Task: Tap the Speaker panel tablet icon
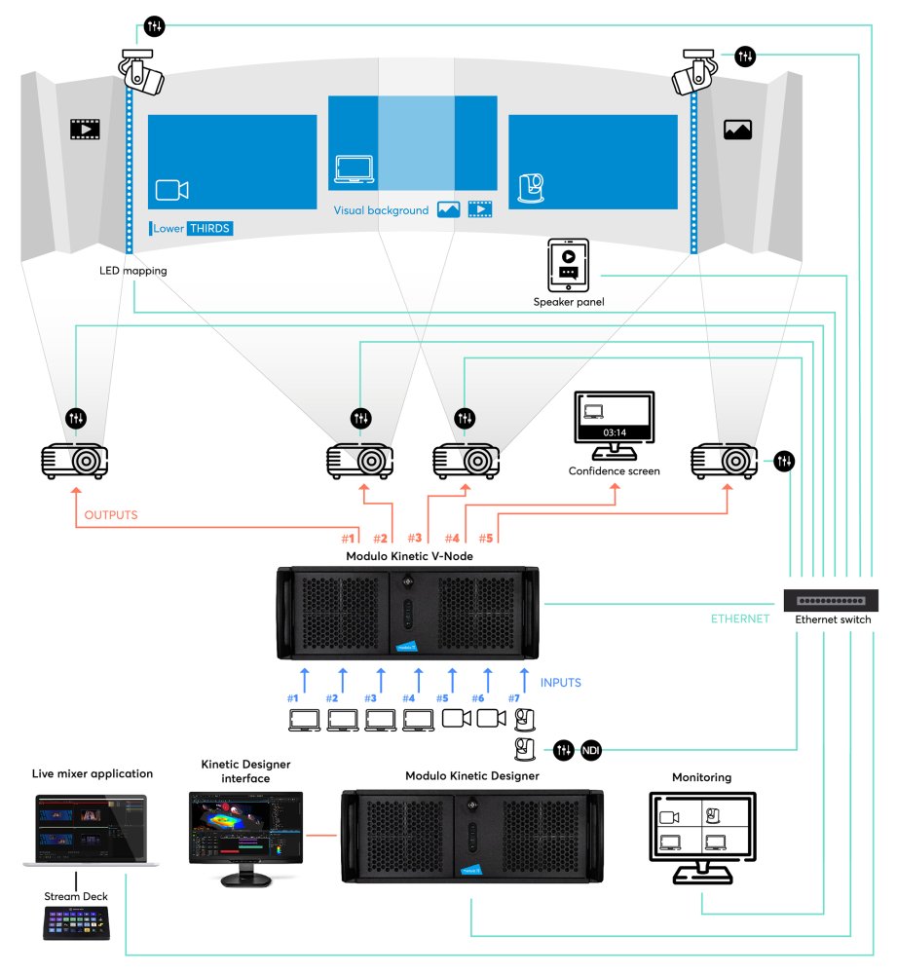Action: [568, 265]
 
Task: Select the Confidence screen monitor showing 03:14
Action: [614, 424]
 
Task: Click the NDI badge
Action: [591, 750]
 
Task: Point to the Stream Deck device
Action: [75, 921]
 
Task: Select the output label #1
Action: [348, 538]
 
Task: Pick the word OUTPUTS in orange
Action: [111, 515]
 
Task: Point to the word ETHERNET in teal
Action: [741, 618]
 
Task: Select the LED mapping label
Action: [132, 271]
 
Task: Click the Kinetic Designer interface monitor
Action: [245, 834]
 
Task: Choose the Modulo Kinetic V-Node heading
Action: [406, 556]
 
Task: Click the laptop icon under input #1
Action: [305, 720]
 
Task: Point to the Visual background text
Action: [381, 210]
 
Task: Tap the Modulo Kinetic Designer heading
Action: [471, 776]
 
